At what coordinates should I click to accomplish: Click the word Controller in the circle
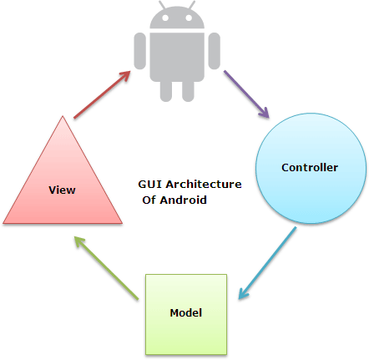(310, 168)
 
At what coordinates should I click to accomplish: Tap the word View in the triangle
(62, 190)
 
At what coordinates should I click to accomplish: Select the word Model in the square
(186, 312)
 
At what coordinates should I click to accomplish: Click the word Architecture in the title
(204, 185)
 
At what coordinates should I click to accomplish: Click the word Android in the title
(184, 200)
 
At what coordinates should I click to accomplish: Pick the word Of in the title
(149, 200)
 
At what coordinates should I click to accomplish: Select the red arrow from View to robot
(102, 94)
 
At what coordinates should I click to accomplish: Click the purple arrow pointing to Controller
(246, 94)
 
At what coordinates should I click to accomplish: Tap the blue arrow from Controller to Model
(267, 263)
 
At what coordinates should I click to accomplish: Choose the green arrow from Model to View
(106, 268)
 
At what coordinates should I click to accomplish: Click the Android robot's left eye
(165, 18)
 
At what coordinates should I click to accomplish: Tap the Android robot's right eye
(189, 18)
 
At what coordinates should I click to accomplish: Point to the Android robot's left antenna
(162, 5)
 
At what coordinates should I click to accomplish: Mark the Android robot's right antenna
(192, 5)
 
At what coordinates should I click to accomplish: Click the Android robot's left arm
(140, 51)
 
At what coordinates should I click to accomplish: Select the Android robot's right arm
(215, 51)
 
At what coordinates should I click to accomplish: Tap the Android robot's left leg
(166, 91)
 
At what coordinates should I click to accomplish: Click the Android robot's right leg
(188, 91)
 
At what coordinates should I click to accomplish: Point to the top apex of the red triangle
(63, 116)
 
